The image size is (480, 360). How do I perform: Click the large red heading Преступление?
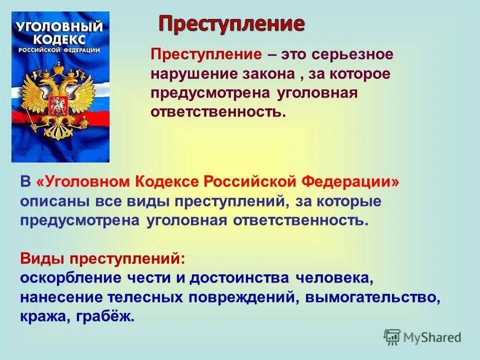click(x=231, y=24)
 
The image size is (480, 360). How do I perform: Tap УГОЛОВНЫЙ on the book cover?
click(x=60, y=26)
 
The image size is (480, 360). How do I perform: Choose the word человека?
click(x=334, y=278)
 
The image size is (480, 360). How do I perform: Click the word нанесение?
click(x=61, y=297)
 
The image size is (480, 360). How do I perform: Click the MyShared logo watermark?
click(x=422, y=337)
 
